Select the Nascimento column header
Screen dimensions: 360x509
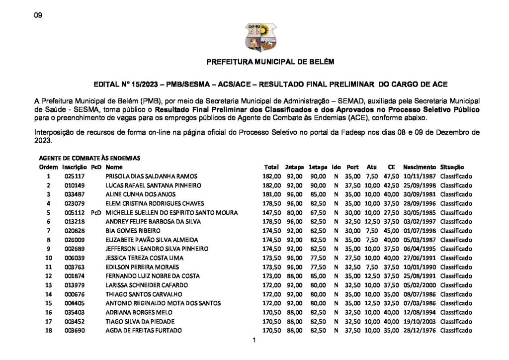420,167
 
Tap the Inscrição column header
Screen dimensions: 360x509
75,167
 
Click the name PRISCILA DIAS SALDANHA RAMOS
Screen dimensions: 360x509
152,176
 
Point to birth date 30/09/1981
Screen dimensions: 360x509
420,194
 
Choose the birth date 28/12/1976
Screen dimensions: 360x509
420,331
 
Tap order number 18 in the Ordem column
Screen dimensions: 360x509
49,331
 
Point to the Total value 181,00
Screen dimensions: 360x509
271,194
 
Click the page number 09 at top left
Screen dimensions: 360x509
38,15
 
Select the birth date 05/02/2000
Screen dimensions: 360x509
420,285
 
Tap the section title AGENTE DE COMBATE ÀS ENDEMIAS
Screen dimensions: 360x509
89,158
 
